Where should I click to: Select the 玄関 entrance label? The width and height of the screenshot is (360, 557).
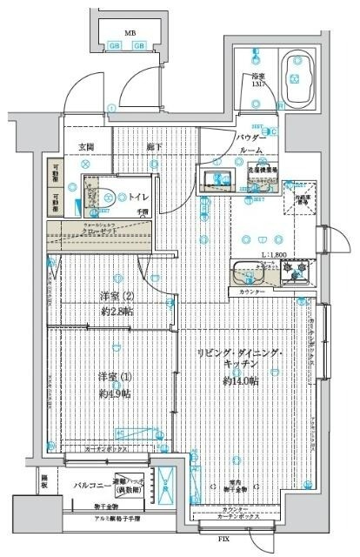tap(87, 147)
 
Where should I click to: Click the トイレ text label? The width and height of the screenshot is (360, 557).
tap(138, 198)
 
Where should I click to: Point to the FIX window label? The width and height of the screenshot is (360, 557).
tap(224, 540)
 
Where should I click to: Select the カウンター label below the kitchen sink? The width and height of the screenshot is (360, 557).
tap(250, 292)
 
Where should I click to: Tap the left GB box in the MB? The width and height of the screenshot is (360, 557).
tap(115, 45)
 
